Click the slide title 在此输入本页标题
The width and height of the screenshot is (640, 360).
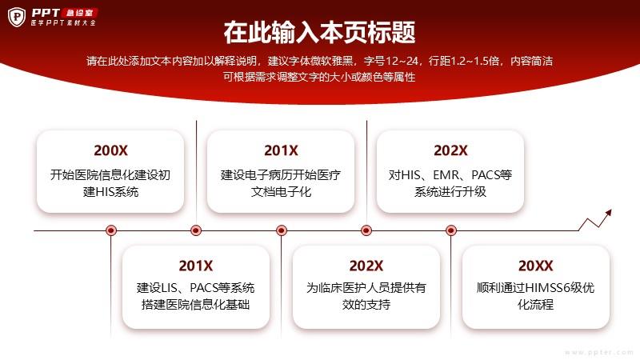319,33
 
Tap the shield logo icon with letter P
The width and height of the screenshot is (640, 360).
17,17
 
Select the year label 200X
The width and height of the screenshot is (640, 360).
110,150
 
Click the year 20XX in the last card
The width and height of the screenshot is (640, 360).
535,266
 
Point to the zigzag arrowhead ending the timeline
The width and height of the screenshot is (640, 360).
609,212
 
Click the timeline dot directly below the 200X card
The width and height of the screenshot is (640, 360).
111,230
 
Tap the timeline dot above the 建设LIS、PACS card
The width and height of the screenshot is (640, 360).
196,230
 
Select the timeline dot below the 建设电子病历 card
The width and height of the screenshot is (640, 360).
282,230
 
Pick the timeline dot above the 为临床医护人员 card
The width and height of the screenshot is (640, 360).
366,230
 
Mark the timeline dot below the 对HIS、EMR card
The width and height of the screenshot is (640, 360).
451,230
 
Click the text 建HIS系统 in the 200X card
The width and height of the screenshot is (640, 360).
110,191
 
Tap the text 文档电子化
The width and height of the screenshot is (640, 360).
281,191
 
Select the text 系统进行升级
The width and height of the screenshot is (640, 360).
450,191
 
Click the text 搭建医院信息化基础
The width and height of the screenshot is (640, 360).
195,305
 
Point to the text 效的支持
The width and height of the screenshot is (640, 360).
366,305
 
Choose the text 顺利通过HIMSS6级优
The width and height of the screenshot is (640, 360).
535,288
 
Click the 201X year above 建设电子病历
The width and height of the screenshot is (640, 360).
281,150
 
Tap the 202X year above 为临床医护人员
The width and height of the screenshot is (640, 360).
366,266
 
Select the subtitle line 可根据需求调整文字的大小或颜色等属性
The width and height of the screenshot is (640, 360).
319,77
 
